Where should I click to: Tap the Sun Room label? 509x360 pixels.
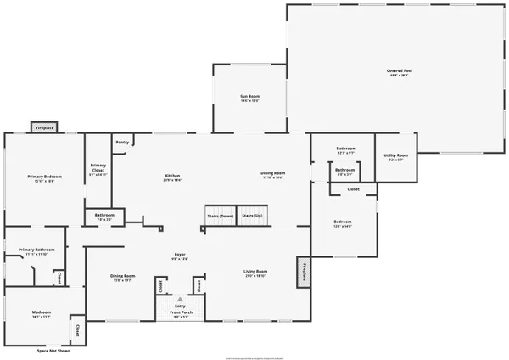pos(249,97)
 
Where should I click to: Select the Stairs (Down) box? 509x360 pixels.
pos(220,216)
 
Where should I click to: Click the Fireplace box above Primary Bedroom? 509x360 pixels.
pos(44,127)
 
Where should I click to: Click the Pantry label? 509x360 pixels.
pos(122,142)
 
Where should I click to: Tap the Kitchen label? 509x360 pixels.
pos(173,176)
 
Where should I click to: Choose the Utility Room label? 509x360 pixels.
pos(397,155)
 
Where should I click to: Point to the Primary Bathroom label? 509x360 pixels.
pos(36,249)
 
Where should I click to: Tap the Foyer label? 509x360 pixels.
pos(180,253)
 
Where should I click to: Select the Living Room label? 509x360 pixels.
pos(255,272)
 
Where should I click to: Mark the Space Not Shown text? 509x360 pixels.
pos(53,349)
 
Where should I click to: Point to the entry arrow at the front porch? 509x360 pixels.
pos(179,301)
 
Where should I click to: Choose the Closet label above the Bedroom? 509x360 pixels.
pos(353,188)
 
